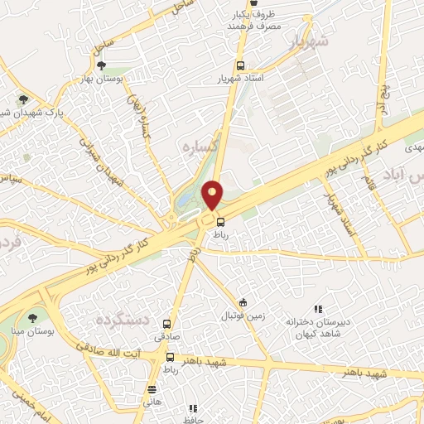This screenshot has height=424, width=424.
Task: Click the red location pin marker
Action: [x=213, y=195]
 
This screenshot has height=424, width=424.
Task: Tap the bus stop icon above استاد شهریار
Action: [x=240, y=65]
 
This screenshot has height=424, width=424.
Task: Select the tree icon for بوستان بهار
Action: [x=102, y=65]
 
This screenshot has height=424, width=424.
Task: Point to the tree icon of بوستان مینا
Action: [x=32, y=317]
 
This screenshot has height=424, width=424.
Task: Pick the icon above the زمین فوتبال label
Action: [x=243, y=302]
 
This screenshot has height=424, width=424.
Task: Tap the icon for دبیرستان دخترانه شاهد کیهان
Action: [x=317, y=308]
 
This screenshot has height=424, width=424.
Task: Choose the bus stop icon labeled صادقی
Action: [x=168, y=324]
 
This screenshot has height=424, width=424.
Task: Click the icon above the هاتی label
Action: [x=152, y=388]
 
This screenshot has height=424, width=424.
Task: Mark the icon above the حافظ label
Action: [x=193, y=408]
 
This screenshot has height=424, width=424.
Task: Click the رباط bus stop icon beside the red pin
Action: [x=220, y=221]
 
